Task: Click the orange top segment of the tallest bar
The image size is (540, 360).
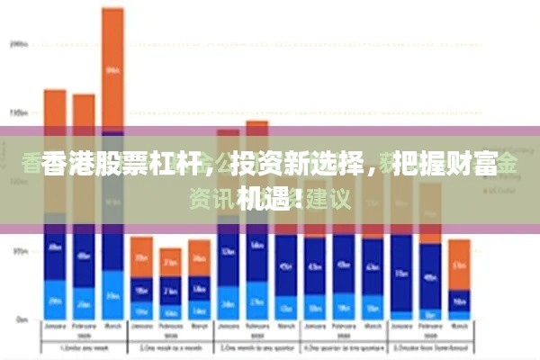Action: point(112,67)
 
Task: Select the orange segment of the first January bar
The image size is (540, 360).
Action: point(56,117)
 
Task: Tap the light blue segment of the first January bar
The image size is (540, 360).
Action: point(56,301)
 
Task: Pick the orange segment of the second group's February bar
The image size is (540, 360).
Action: point(170,261)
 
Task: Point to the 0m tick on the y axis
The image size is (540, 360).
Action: point(20,319)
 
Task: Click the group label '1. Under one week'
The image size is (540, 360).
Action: point(84,346)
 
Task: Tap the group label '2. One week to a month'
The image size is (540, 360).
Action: point(170,346)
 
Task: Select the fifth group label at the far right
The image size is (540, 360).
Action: point(430,346)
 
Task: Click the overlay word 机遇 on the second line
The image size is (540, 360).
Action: point(261,198)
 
